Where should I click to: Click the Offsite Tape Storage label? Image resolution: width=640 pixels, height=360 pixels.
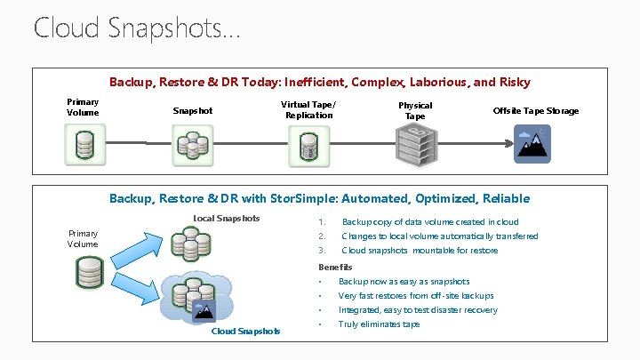point(535,111)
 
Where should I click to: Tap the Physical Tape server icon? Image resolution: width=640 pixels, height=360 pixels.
point(414,144)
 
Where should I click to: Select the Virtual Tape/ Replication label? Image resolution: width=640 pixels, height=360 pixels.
point(308,109)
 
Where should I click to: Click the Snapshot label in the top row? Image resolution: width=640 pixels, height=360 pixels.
point(192,111)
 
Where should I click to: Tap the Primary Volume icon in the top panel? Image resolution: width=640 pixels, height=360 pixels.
point(84,144)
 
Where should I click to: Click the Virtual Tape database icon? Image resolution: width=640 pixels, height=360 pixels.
point(308,144)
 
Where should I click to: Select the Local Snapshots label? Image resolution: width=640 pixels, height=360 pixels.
point(227,219)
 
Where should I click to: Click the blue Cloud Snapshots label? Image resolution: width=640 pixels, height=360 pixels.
point(245,332)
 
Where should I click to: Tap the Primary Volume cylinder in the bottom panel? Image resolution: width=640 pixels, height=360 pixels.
point(90,274)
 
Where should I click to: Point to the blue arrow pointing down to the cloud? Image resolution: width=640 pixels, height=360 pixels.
point(142,292)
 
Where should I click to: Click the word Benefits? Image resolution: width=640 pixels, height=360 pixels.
point(335,267)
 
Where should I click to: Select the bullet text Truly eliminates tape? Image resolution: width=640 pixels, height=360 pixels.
point(379,324)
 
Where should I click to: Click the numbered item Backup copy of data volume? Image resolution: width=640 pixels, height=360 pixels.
point(430,222)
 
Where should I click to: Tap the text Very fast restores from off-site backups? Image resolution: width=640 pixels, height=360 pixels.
point(416,296)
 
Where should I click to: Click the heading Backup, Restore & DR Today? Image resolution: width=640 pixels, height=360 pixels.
point(319,82)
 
